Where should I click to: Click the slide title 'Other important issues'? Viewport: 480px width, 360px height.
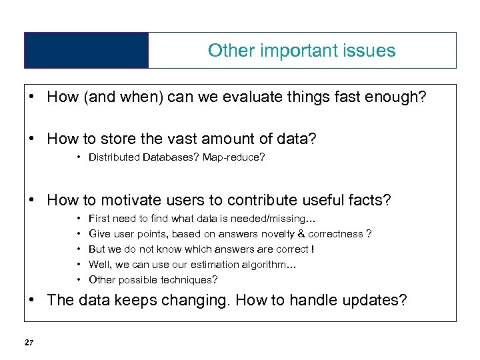[x=301, y=51]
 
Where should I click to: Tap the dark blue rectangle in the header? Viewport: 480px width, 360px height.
[x=86, y=51]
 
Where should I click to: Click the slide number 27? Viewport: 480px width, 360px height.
[x=29, y=343]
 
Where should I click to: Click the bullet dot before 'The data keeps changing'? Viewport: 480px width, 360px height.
[x=32, y=300]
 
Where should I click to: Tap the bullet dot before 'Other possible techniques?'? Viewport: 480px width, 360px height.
[x=79, y=279]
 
